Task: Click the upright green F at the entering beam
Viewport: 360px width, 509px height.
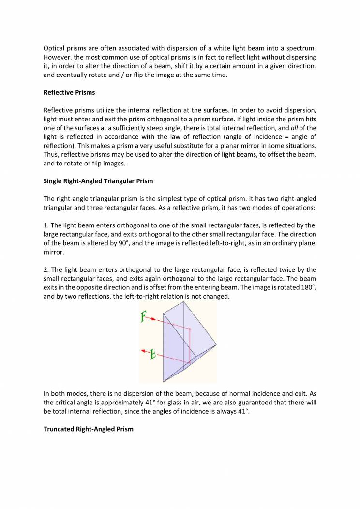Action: (143, 317)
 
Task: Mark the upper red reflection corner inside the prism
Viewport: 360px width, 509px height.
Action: (190, 329)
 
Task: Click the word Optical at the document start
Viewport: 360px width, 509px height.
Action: (55, 49)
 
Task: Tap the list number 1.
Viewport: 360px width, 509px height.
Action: (46, 225)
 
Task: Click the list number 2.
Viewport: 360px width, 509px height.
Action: (46, 269)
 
